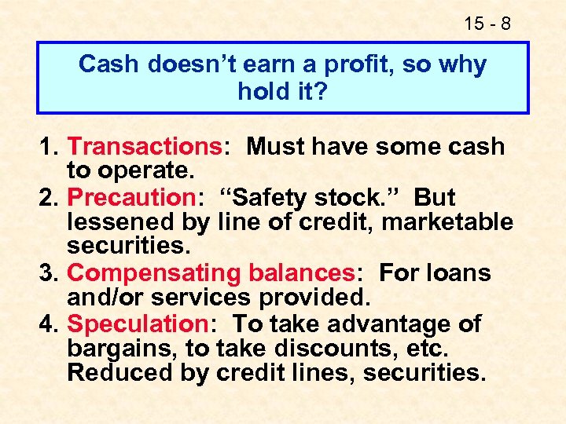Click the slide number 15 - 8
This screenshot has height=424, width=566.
pos(488,24)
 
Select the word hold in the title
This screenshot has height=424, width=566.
pos(262,92)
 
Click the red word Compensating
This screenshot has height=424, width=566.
pos(154,273)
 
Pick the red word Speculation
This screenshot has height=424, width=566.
pos(135,323)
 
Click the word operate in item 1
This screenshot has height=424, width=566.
pos(149,172)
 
